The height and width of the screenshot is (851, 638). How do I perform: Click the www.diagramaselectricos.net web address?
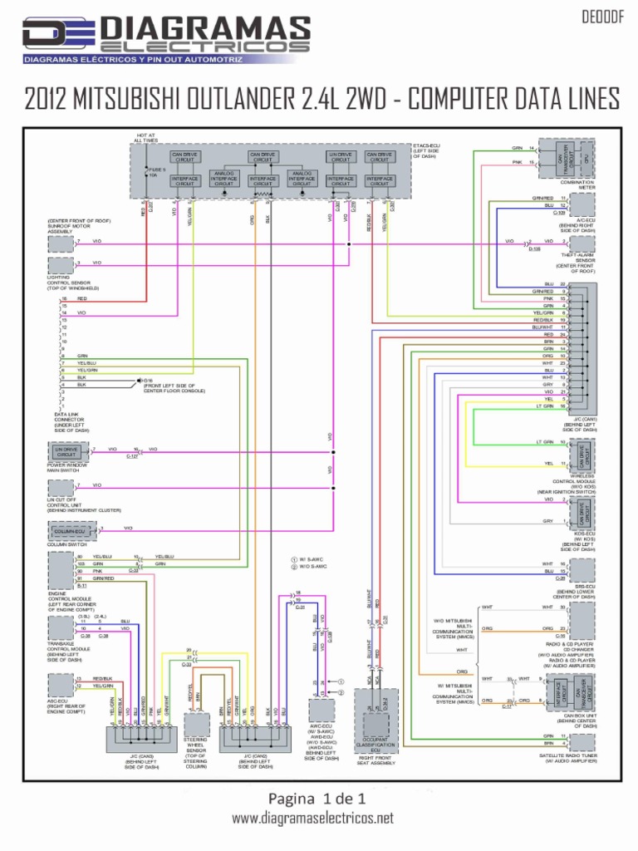(312, 819)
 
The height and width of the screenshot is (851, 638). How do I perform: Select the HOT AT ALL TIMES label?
(144, 138)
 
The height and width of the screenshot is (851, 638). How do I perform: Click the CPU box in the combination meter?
(586, 157)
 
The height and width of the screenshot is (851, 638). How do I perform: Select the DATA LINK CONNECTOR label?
(71, 421)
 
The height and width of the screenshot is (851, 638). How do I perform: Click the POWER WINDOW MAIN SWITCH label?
(70, 468)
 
